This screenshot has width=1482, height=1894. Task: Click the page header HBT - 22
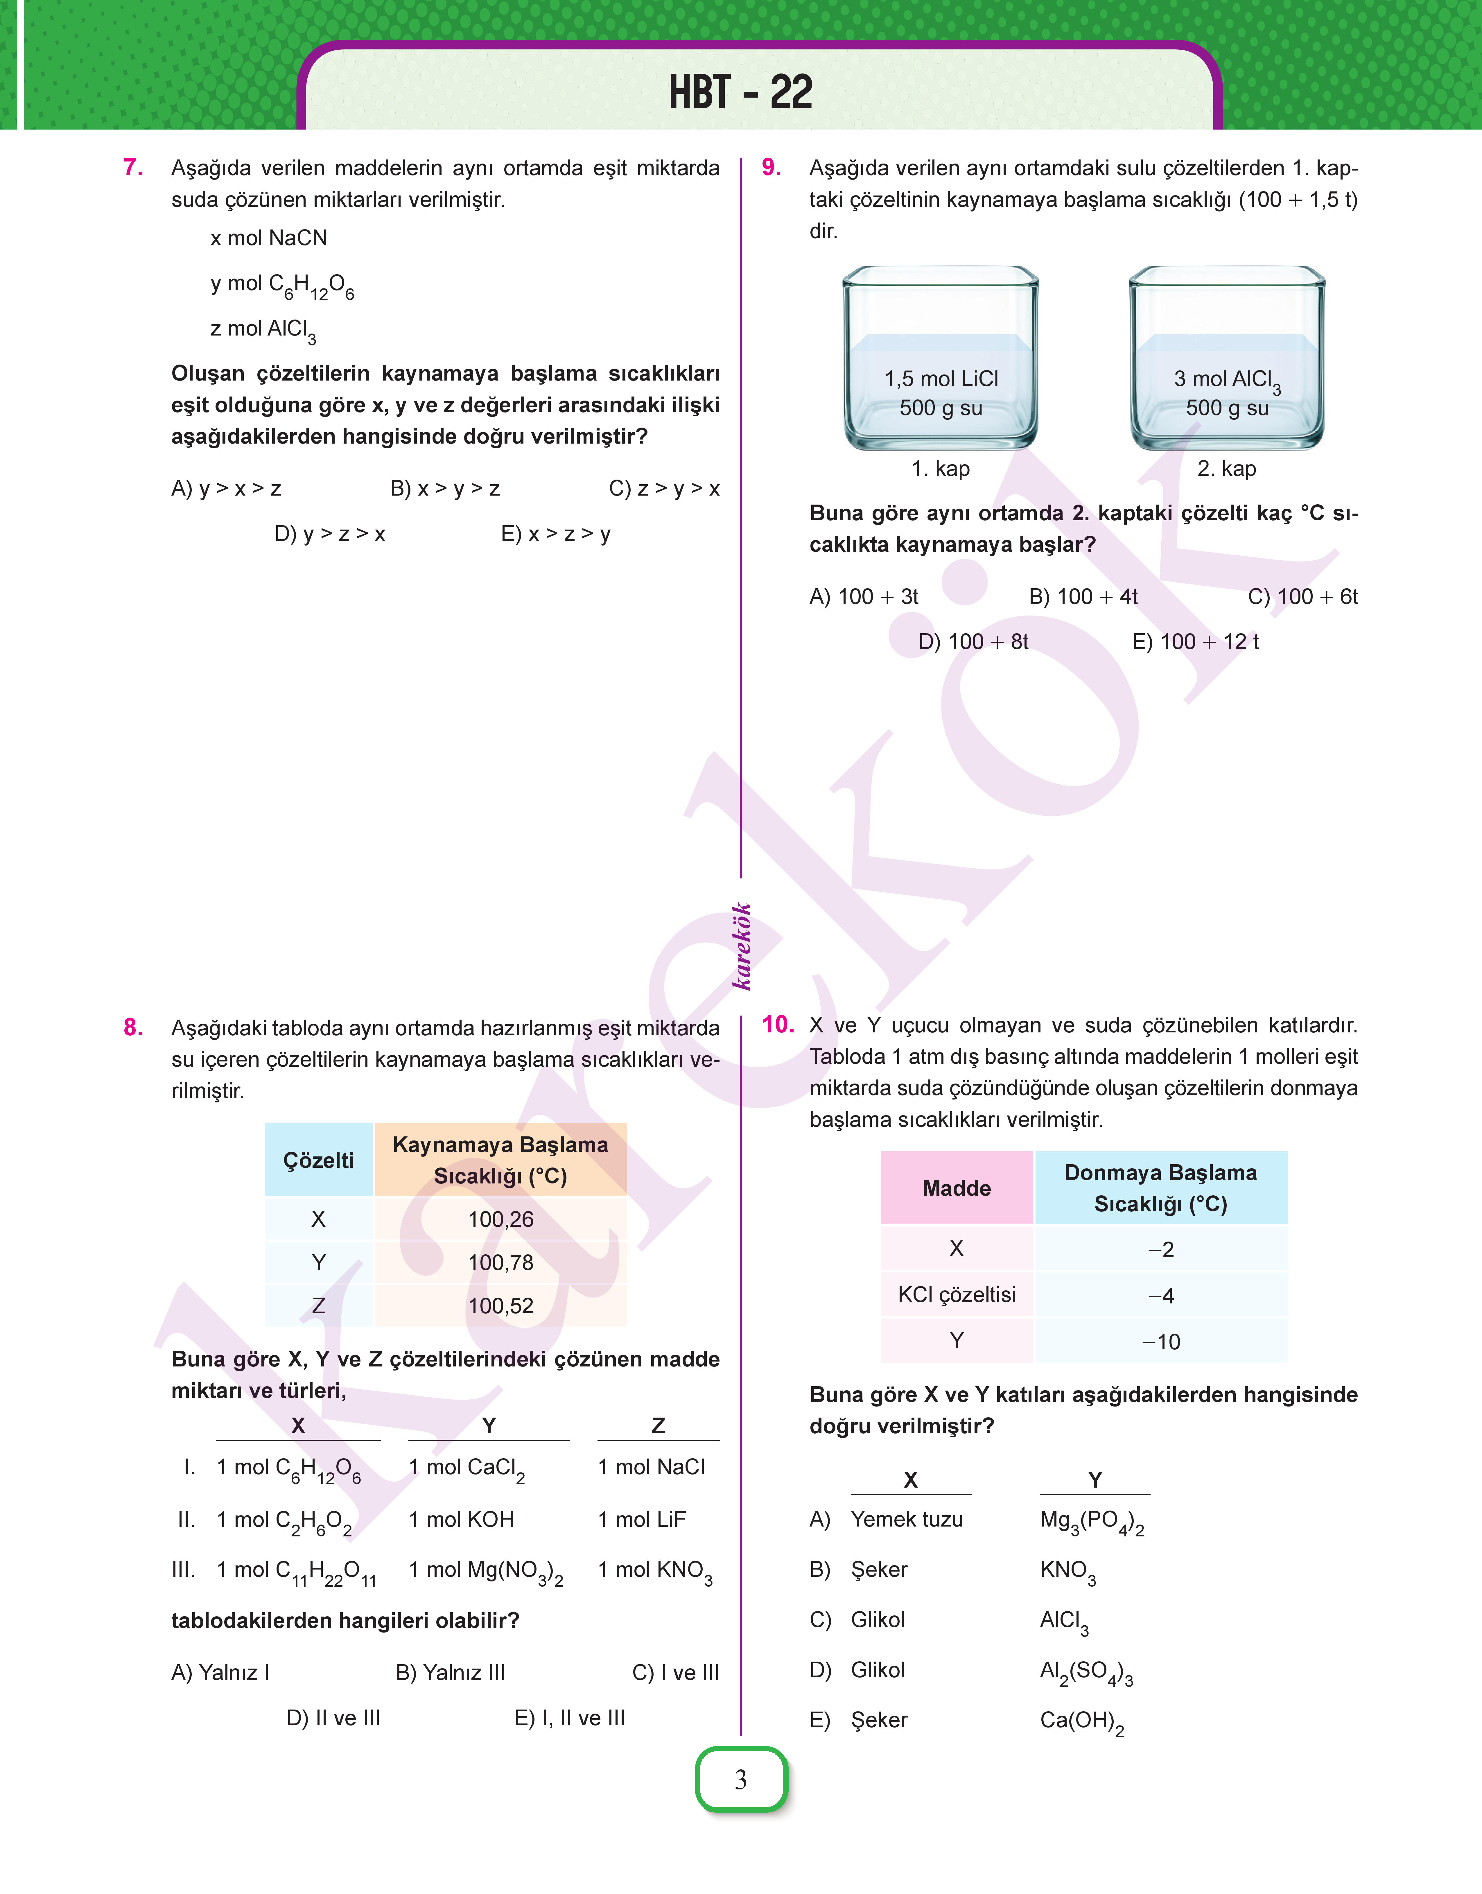coord(740,92)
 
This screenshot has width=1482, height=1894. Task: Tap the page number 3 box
coord(741,1780)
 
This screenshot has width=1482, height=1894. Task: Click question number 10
coord(777,1025)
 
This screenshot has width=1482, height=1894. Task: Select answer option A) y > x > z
coord(227,489)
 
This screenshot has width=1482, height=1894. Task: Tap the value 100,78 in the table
coord(501,1262)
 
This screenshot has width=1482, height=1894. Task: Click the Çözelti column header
coord(318,1160)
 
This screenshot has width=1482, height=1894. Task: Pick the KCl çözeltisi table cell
coord(956,1294)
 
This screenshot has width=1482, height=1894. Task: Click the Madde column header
coord(956,1188)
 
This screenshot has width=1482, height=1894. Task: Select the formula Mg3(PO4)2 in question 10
coord(1092,1522)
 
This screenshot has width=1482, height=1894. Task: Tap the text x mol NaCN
coord(269,238)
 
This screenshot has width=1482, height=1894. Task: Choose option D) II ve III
coord(333,1718)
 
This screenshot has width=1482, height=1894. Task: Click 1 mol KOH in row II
coord(462,1519)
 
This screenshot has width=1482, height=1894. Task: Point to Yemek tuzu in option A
coord(907,1519)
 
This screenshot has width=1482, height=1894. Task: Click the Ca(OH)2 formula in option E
coord(1081,1721)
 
